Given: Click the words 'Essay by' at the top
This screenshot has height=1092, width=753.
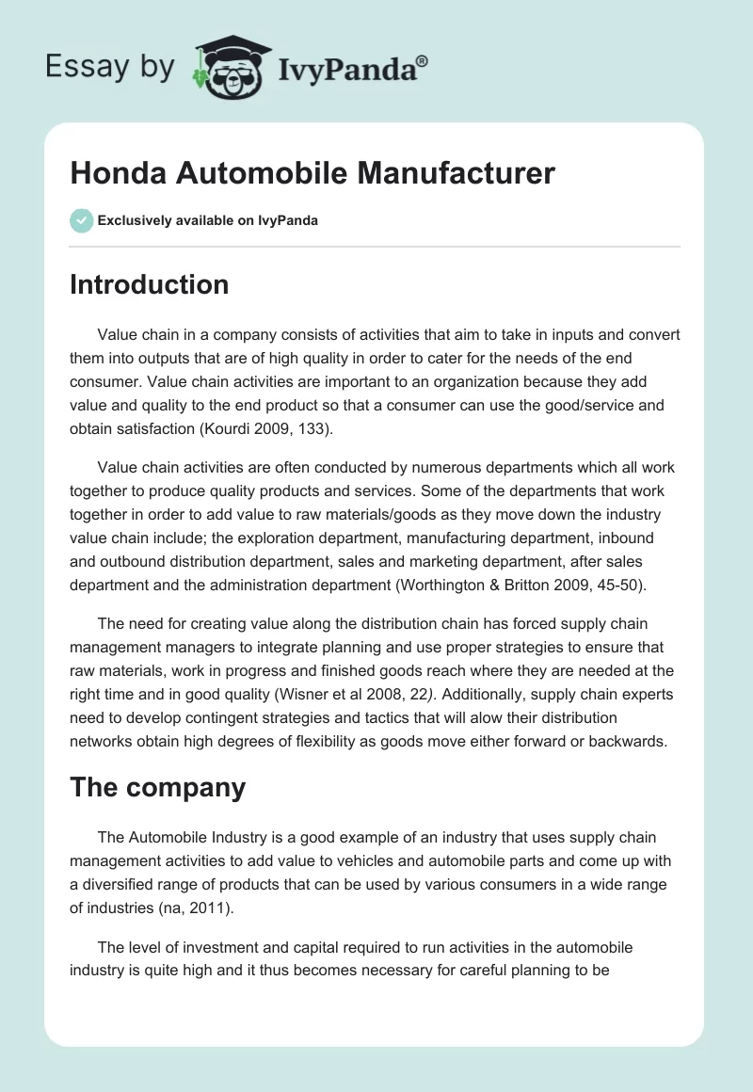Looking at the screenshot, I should pos(109,68).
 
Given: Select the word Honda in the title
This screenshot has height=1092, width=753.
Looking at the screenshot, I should pos(117,174).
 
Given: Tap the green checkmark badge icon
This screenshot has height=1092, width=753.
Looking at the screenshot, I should pos(81,220).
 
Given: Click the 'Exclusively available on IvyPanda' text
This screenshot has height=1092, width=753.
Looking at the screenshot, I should pos(207,220).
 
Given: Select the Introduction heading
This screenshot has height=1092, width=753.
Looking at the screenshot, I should pos(149,285).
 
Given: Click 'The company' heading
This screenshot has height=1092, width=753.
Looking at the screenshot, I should pos(157,787).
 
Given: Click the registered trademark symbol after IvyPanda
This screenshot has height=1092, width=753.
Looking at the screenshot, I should pos(422,59).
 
